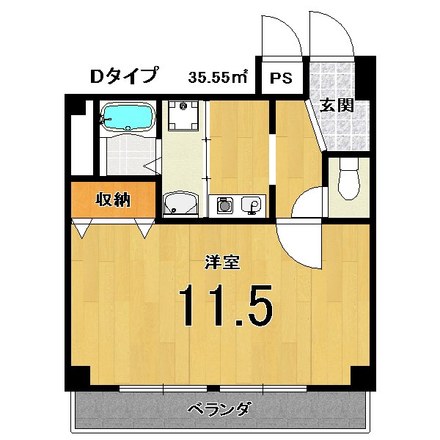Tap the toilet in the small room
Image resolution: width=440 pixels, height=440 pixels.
(348, 179)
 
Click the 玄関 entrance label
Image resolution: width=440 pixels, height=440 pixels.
(337, 105)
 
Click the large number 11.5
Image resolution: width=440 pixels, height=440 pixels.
(226, 306)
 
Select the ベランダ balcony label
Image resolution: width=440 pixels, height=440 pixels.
(219, 408)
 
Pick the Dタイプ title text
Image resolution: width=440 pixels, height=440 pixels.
(123, 75)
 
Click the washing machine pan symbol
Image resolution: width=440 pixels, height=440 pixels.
(181, 114)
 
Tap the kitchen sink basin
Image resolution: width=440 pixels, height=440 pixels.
(252, 205)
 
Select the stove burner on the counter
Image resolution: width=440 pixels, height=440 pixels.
(224, 206)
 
